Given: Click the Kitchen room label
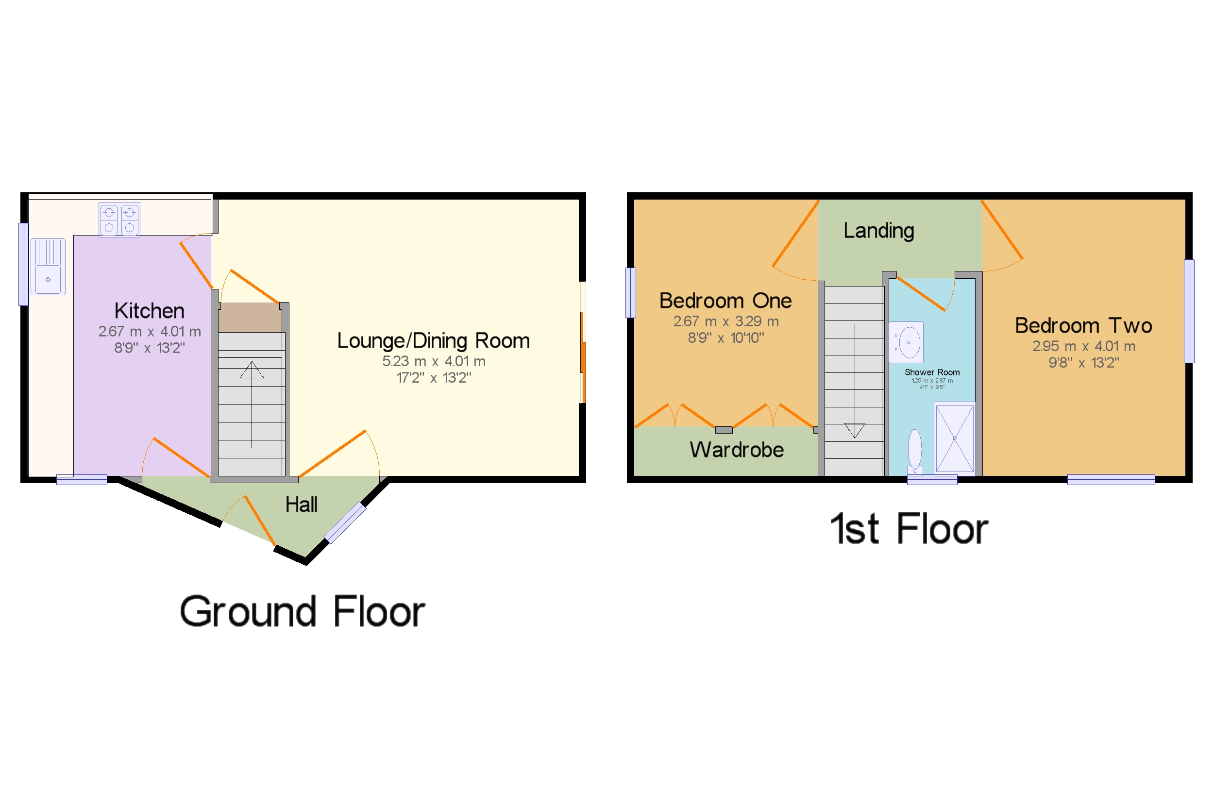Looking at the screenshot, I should tap(149, 311).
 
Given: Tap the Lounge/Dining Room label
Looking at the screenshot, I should tap(433, 341).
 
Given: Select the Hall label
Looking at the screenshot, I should tap(301, 505).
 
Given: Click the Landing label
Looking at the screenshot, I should tap(878, 231).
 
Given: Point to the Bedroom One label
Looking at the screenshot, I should tap(725, 301).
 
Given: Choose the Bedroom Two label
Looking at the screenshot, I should tap(1083, 325).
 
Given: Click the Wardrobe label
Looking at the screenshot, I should tap(736, 450).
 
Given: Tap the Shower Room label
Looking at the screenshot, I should tap(931, 372).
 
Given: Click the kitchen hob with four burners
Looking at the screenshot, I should tap(119, 220).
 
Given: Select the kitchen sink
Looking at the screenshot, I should tap(48, 267).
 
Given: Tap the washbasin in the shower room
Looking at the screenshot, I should tap(906, 342).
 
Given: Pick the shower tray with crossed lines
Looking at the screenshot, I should tap(954, 438).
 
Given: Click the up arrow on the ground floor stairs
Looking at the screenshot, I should tap(251, 370).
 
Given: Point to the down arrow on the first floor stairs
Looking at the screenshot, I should tap(854, 430).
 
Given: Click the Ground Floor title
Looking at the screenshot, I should tap(302, 611).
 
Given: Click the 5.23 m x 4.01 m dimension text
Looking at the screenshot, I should tap(433, 361).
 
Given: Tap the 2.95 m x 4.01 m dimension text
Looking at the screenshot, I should tap(1083, 346).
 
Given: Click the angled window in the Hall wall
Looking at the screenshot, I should tap(345, 522).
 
